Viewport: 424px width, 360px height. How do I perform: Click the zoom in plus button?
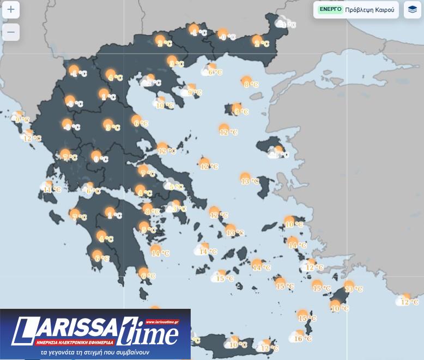coord(11,10)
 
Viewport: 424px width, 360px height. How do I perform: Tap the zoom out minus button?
coord(11,32)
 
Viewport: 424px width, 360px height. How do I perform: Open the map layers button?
coord(413,10)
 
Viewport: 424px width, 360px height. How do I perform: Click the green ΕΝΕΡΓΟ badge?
coord(330,9)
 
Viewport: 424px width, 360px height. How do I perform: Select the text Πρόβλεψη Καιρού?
coord(370,10)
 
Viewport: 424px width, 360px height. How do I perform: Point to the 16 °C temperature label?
coord(302,339)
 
